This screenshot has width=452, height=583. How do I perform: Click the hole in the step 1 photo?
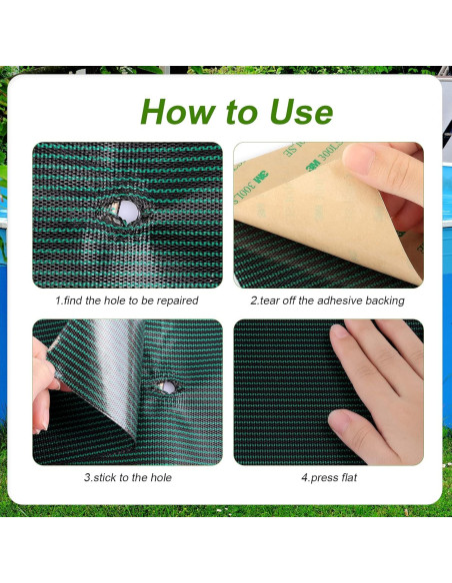127,212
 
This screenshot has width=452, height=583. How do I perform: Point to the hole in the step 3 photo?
167,387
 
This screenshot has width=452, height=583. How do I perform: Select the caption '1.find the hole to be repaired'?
127,300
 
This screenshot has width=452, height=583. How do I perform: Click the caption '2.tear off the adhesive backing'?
327,300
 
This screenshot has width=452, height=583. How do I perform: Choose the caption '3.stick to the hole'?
128,477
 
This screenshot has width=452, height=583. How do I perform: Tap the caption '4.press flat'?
329,477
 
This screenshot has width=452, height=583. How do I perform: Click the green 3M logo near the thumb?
314,166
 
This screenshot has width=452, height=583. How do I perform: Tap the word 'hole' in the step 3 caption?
161,477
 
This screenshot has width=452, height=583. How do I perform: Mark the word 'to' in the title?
242,113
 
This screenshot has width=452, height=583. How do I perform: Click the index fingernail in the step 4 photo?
338,330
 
